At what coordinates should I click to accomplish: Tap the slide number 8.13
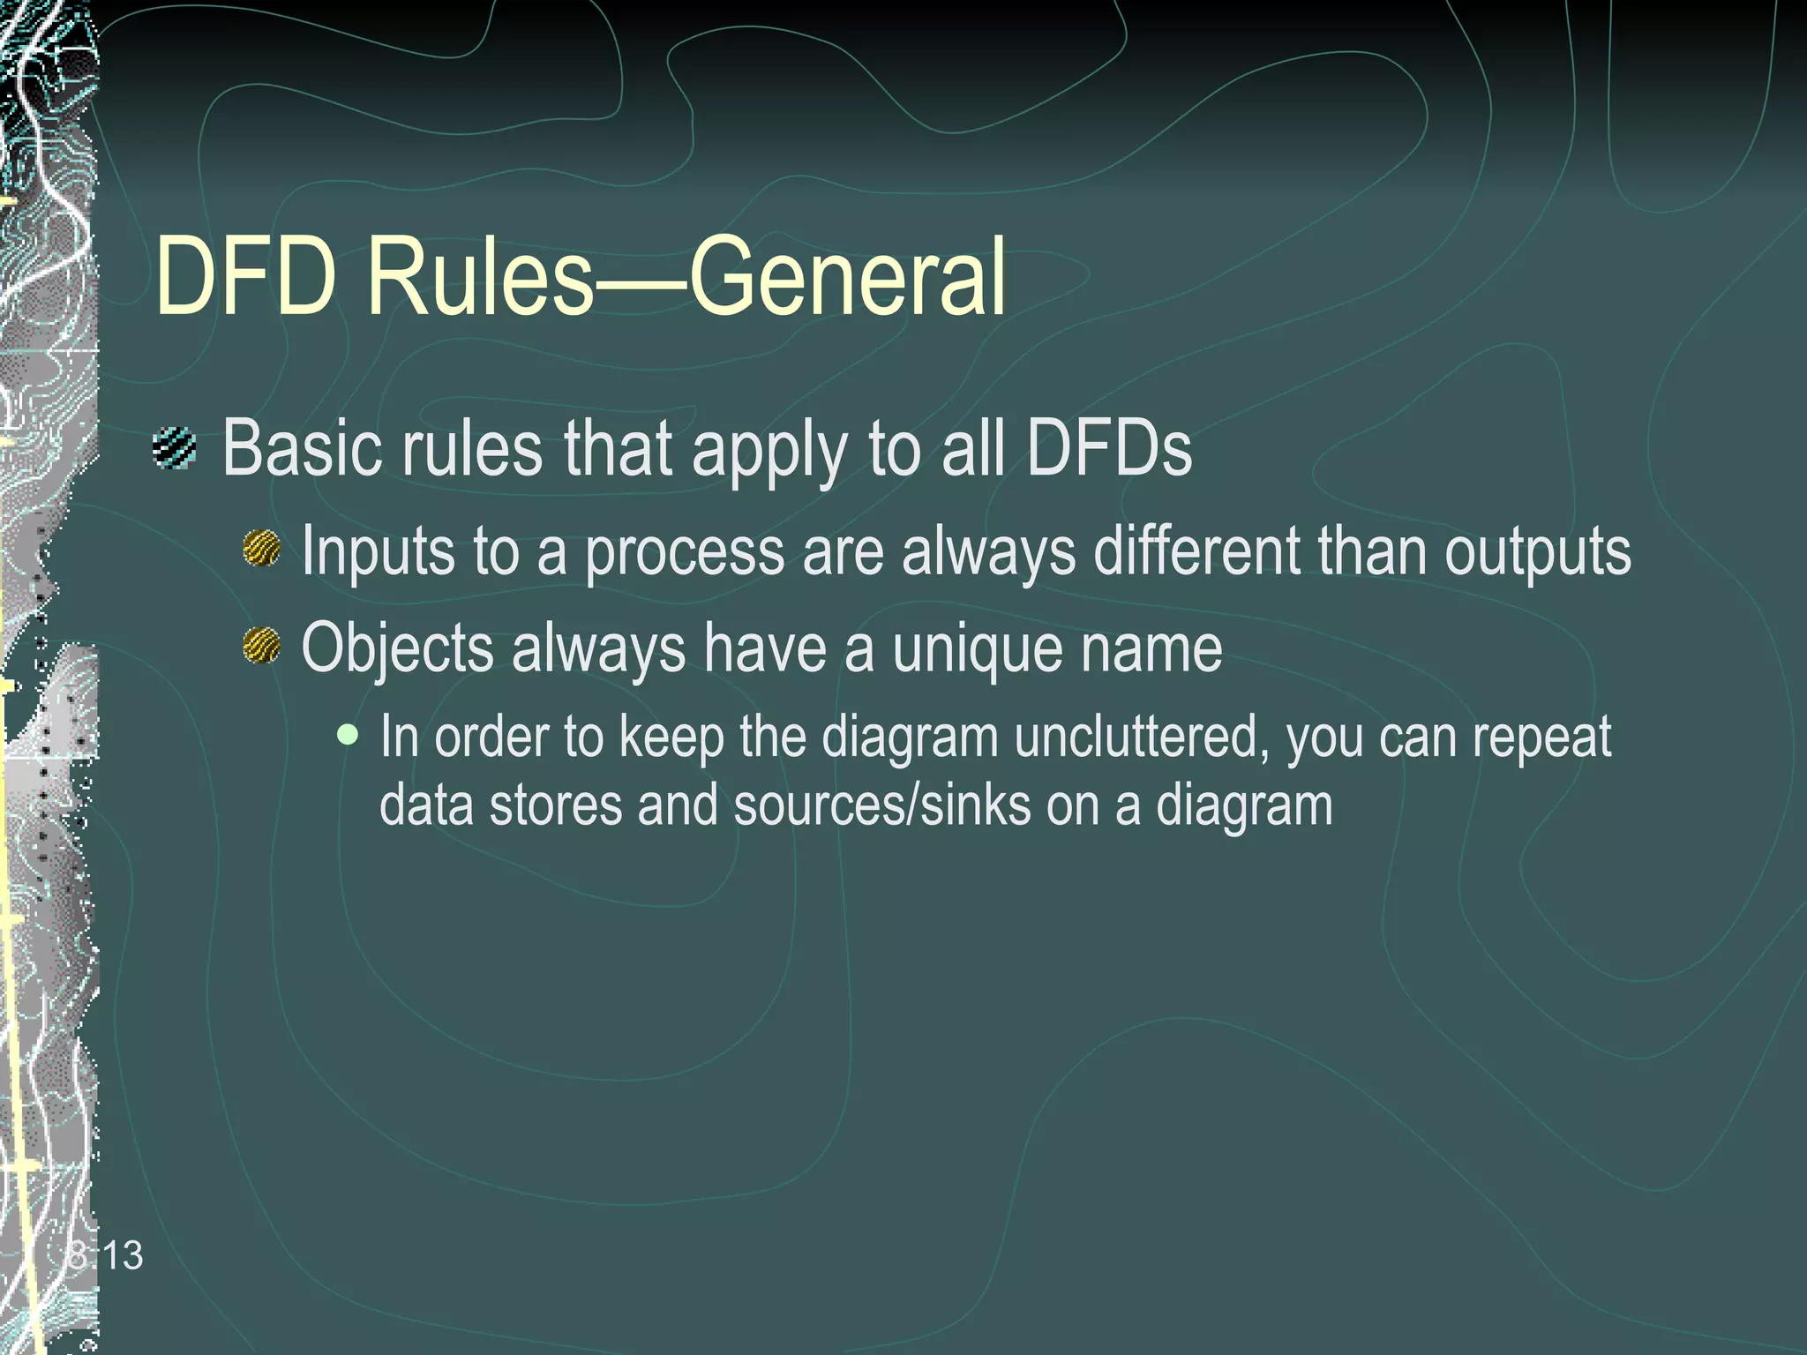click(x=105, y=1254)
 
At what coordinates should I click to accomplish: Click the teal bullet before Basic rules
click(x=175, y=448)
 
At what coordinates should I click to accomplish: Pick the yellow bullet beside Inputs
click(x=262, y=548)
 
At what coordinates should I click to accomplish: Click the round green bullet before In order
click(x=349, y=734)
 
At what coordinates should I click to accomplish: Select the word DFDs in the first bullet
click(x=1108, y=448)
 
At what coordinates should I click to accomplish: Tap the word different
click(x=1196, y=550)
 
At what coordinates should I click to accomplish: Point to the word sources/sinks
click(x=881, y=805)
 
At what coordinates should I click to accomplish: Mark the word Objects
click(x=397, y=648)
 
